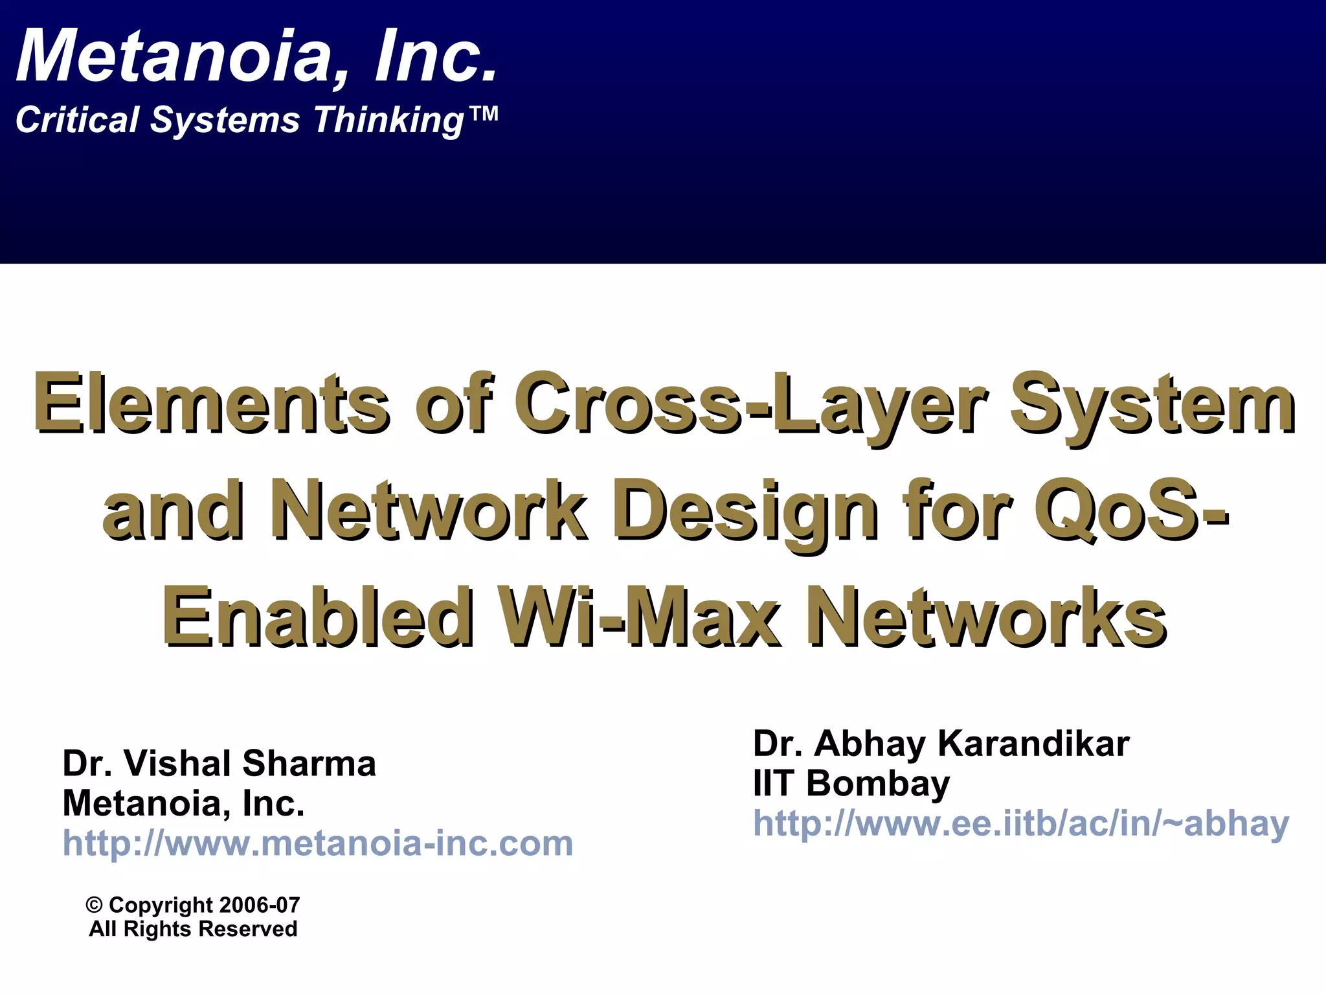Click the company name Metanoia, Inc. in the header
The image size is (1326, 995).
(x=257, y=58)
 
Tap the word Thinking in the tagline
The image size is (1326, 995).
(x=388, y=121)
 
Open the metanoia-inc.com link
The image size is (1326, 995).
(x=317, y=843)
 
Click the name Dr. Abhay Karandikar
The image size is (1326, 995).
(x=941, y=743)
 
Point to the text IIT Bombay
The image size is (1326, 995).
(x=851, y=783)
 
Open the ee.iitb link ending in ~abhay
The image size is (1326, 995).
(x=1021, y=823)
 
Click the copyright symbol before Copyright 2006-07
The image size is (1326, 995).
(x=95, y=905)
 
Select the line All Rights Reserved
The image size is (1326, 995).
(x=193, y=929)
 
